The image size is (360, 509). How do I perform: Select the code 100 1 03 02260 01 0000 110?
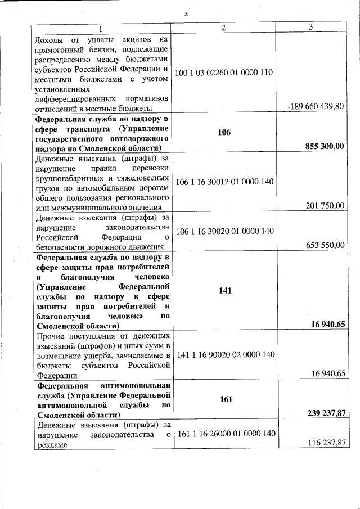tap(223, 73)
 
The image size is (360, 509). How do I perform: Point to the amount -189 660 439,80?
tap(314, 106)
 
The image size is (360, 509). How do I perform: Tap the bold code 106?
tap(224, 133)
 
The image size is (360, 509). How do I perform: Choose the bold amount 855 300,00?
tap(324, 146)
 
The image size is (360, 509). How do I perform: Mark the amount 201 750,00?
tap(325, 206)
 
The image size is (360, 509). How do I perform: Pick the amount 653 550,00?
tap(325, 245)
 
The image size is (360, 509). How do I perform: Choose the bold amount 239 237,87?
tap(324, 413)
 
